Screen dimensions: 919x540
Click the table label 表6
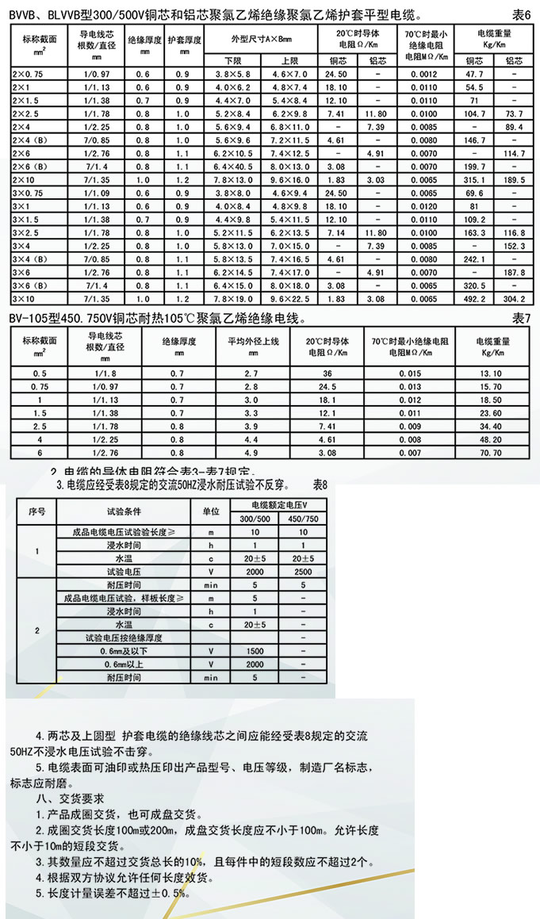pyautogui.click(x=520, y=14)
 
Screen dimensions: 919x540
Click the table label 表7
pyautogui.click(x=520, y=318)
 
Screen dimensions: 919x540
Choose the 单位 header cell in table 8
pyautogui.click(x=211, y=511)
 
